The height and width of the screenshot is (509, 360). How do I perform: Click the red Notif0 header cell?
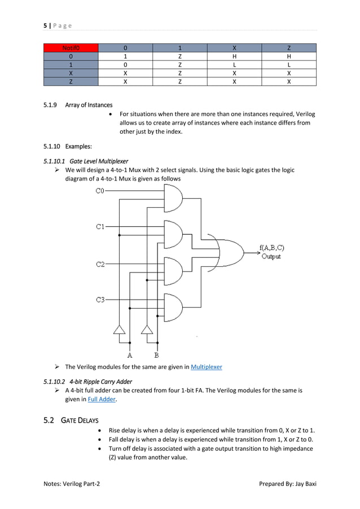pyautogui.click(x=71, y=48)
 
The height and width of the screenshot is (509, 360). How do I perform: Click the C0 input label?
pyautogui.click(x=99, y=191)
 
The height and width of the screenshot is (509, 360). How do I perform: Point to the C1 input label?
pyautogui.click(x=99, y=227)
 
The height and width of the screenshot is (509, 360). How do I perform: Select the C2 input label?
pyautogui.click(x=99, y=264)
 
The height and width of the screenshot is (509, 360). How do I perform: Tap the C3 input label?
pyautogui.click(x=99, y=300)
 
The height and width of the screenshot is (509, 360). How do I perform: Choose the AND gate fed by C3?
pyautogui.click(x=173, y=308)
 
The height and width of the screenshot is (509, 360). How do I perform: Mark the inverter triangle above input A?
pyautogui.click(x=119, y=330)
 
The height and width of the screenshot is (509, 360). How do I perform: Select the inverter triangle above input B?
pyautogui.click(x=147, y=330)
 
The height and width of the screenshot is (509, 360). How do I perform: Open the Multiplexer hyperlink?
pyautogui.click(x=207, y=367)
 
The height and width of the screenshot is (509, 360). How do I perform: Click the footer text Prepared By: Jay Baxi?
pyautogui.click(x=287, y=484)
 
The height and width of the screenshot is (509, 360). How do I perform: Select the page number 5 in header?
pyautogui.click(x=45, y=25)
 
